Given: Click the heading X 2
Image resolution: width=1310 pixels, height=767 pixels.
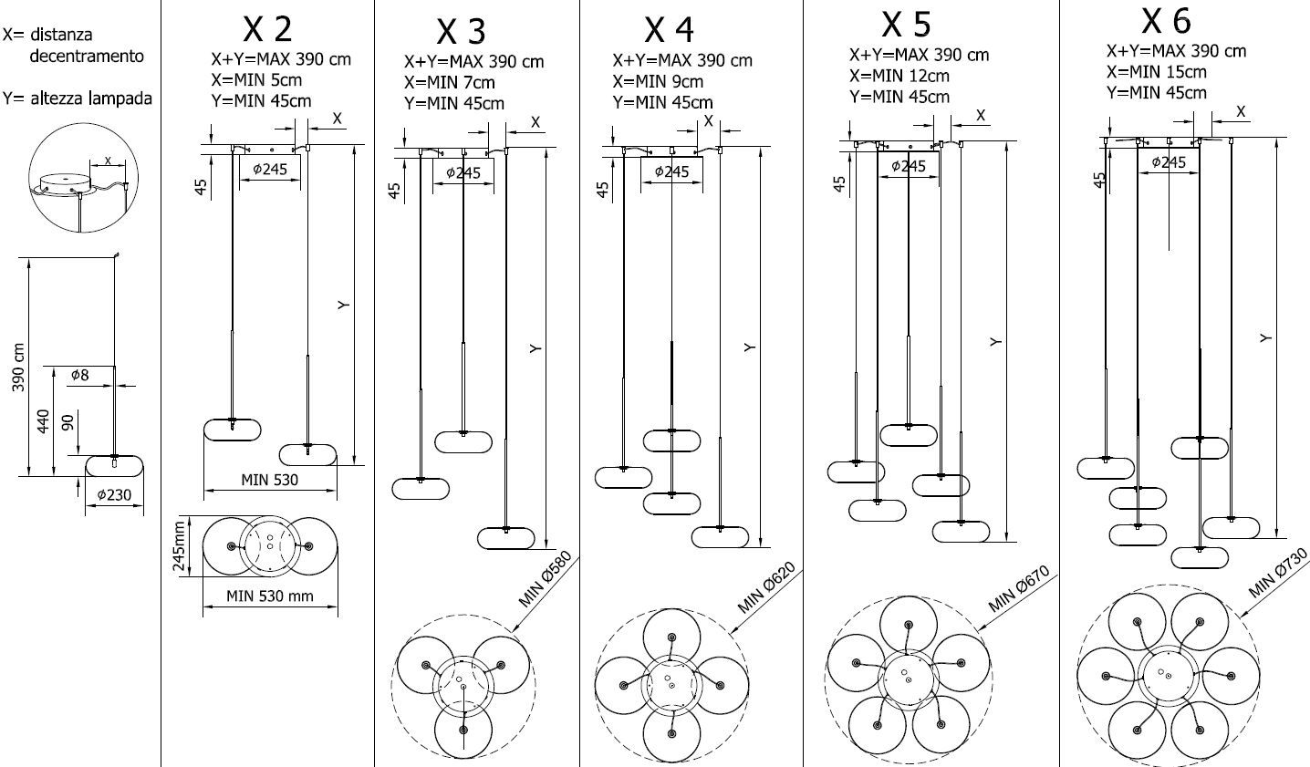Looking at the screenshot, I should (267, 29).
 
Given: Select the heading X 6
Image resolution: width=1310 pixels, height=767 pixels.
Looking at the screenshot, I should (1166, 20).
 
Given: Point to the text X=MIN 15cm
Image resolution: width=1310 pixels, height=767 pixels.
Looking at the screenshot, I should (1156, 72).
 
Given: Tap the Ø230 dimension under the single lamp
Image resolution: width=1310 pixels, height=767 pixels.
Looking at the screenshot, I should (115, 497).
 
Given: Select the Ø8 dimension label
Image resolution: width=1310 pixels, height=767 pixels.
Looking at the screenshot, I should (80, 374).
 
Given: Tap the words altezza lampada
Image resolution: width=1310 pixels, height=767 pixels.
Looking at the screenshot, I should (89, 98).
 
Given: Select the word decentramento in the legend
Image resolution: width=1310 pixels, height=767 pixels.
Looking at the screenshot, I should (87, 56).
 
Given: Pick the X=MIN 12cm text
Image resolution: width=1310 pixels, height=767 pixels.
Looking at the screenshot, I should (899, 76).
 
